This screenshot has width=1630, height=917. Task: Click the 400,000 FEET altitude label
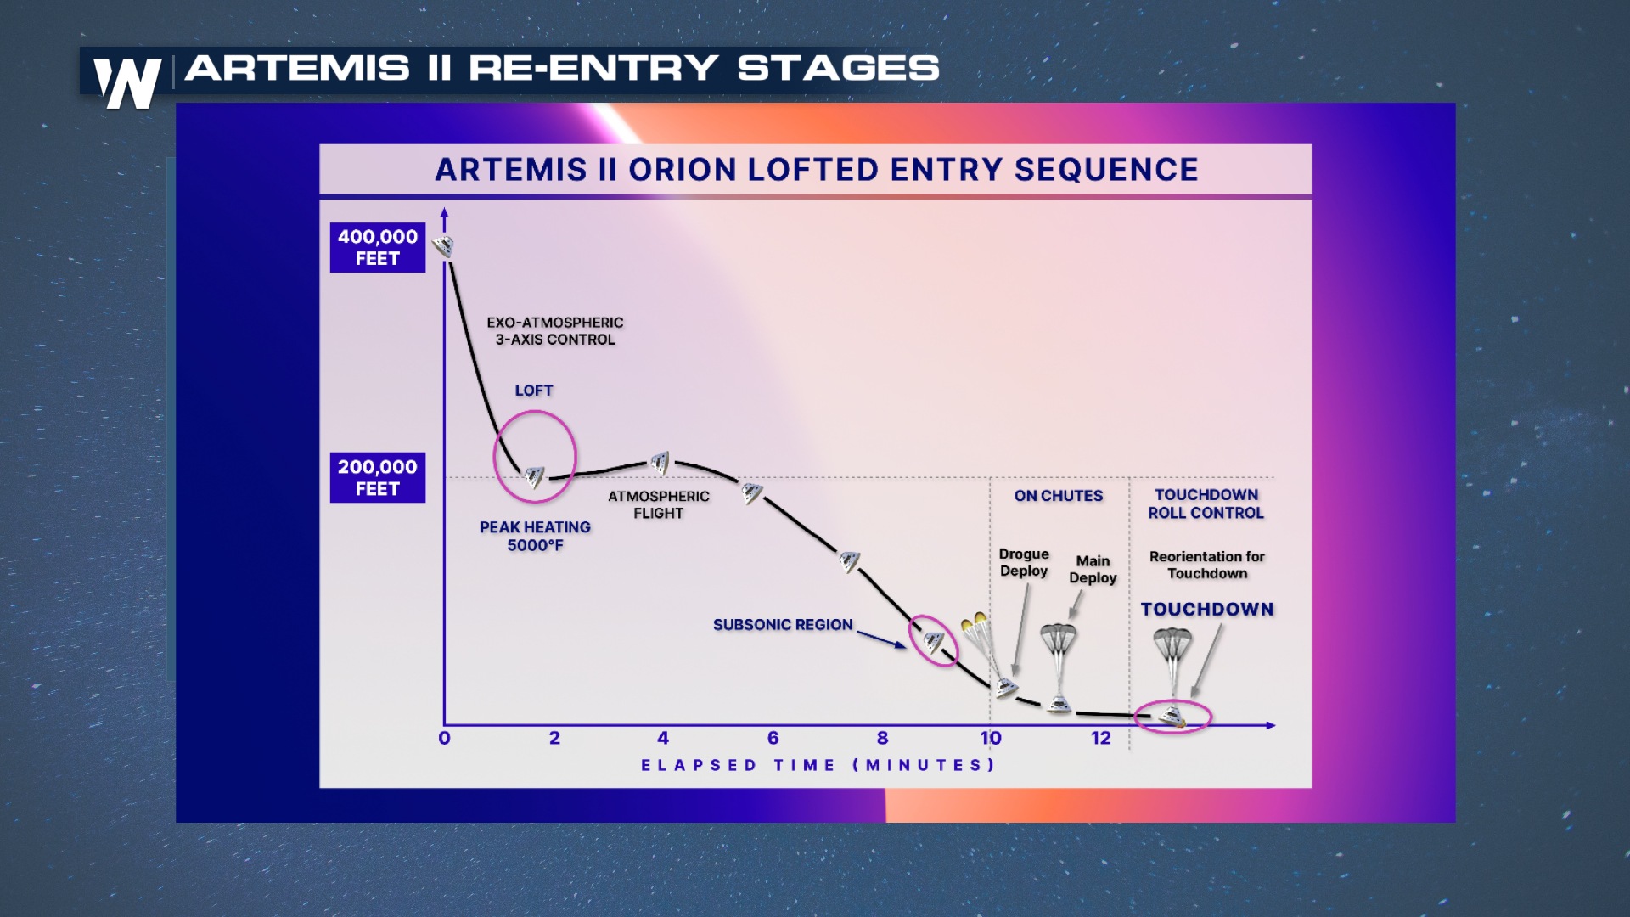pyautogui.click(x=378, y=247)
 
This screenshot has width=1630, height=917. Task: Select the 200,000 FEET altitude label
pyautogui.click(x=378, y=477)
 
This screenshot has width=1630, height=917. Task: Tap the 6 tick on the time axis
pyautogui.click(x=773, y=738)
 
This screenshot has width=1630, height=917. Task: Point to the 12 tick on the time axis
pyautogui.click(x=1101, y=738)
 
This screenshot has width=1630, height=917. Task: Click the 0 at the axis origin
pyautogui.click(x=444, y=738)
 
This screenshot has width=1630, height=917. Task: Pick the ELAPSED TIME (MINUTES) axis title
pyautogui.click(x=818, y=765)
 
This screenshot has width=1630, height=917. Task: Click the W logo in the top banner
pyautogui.click(x=127, y=83)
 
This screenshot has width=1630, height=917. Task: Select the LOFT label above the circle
pyautogui.click(x=534, y=391)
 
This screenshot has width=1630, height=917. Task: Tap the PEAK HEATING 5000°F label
pyautogui.click(x=535, y=536)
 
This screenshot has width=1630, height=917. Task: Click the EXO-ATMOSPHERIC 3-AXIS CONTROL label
pyautogui.click(x=555, y=331)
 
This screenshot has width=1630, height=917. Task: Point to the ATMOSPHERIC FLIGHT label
pyautogui.click(x=659, y=504)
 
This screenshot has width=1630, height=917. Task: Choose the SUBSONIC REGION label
pyautogui.click(x=783, y=625)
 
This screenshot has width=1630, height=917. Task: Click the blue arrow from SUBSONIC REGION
pyautogui.click(x=881, y=639)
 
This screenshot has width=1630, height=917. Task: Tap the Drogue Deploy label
pyautogui.click(x=1024, y=562)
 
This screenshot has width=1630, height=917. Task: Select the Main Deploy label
pyautogui.click(x=1093, y=569)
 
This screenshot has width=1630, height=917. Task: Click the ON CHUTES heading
pyautogui.click(x=1059, y=496)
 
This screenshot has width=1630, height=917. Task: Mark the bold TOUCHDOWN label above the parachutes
pyautogui.click(x=1207, y=610)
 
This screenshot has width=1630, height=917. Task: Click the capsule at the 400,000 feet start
pyautogui.click(x=443, y=246)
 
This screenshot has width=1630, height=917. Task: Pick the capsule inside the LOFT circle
pyautogui.click(x=534, y=477)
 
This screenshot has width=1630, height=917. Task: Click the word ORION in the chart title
pyautogui.click(x=683, y=170)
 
